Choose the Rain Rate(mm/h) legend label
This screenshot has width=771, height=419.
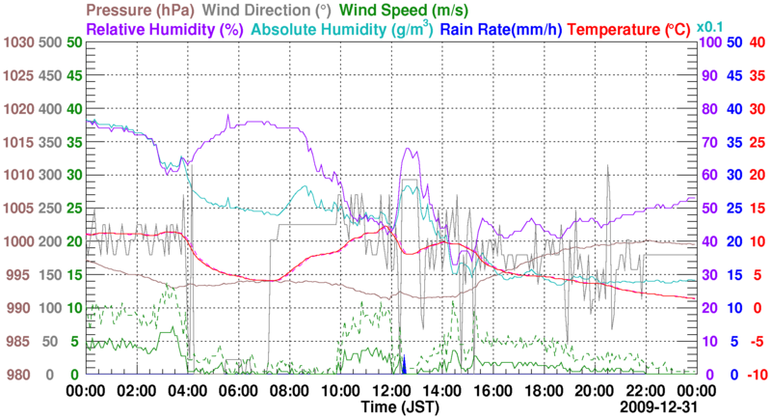pos(505,29)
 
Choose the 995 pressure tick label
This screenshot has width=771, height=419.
pos(18,275)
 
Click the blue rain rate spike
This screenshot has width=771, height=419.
pos(405,365)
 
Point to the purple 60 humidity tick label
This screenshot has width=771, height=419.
pos(711,176)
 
